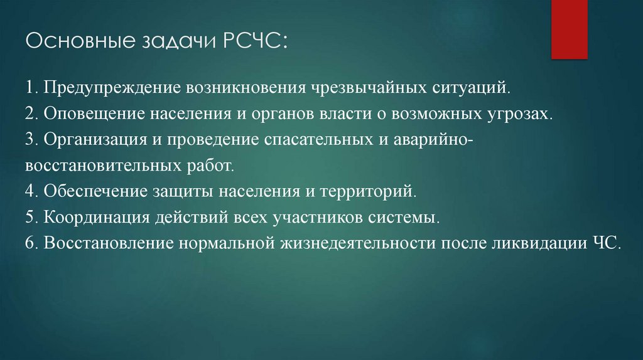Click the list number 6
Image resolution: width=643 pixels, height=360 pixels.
pyautogui.click(x=30, y=244)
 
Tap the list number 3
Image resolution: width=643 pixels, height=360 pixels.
pyautogui.click(x=30, y=140)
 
